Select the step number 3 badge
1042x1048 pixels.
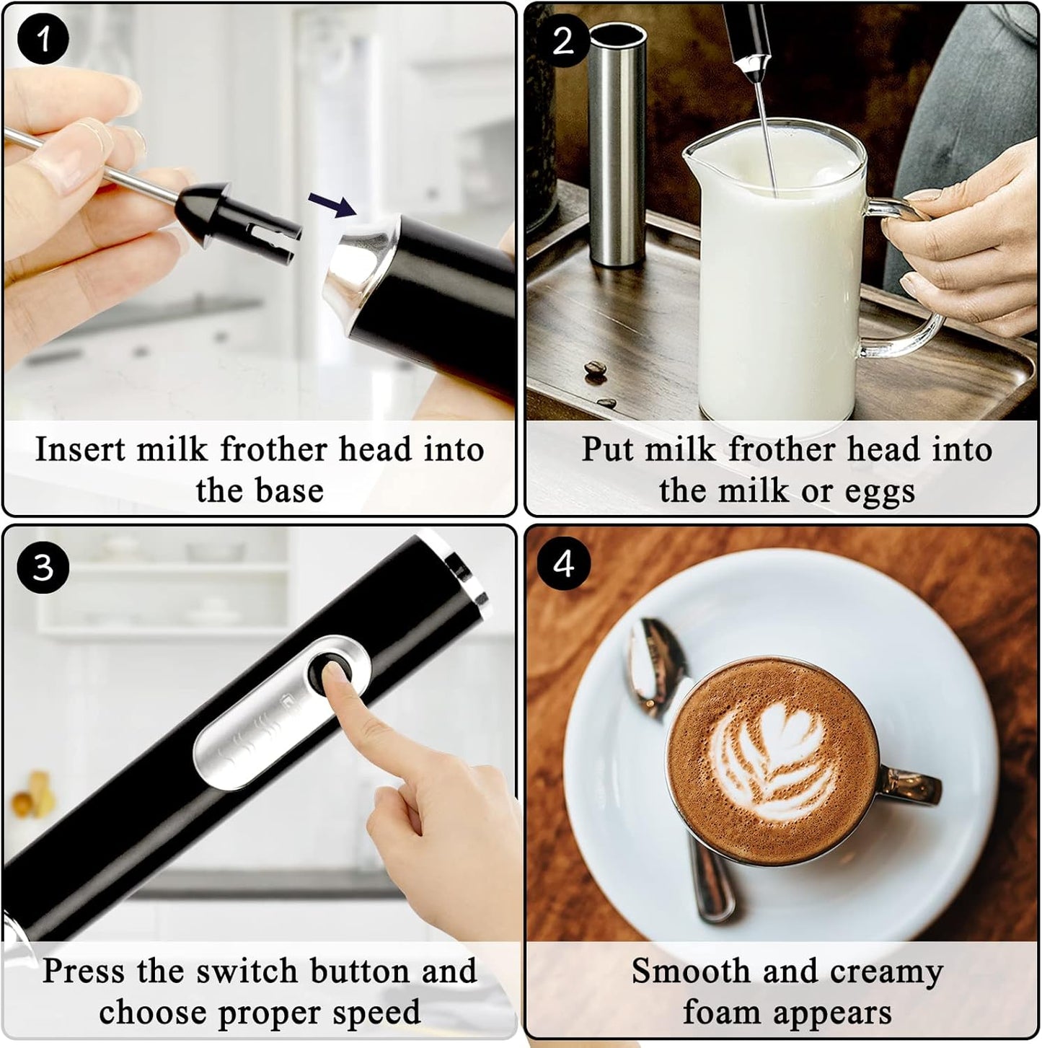(x=43, y=567)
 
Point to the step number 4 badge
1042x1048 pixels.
(x=563, y=563)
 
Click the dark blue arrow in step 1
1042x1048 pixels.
(x=332, y=204)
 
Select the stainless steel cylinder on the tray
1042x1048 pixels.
(x=616, y=144)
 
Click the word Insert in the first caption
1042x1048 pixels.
(x=81, y=449)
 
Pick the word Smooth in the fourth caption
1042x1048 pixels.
(x=691, y=971)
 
